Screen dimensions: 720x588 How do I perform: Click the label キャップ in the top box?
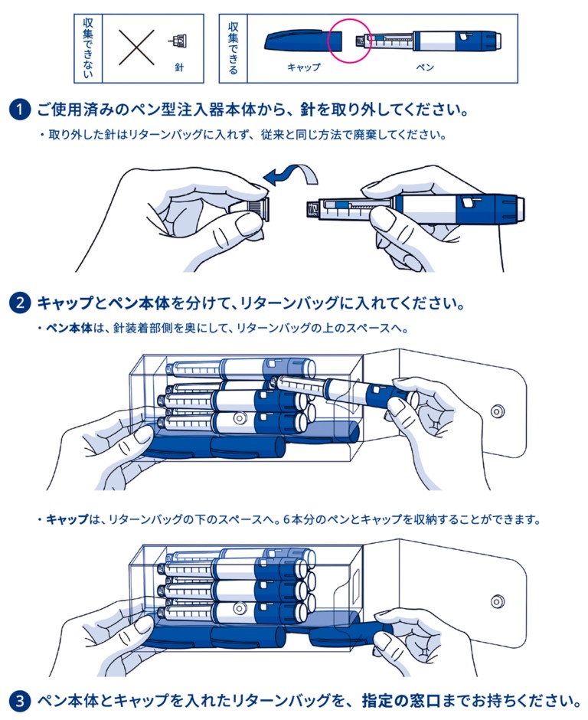304,67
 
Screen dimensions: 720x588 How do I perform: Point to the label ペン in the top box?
425,67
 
